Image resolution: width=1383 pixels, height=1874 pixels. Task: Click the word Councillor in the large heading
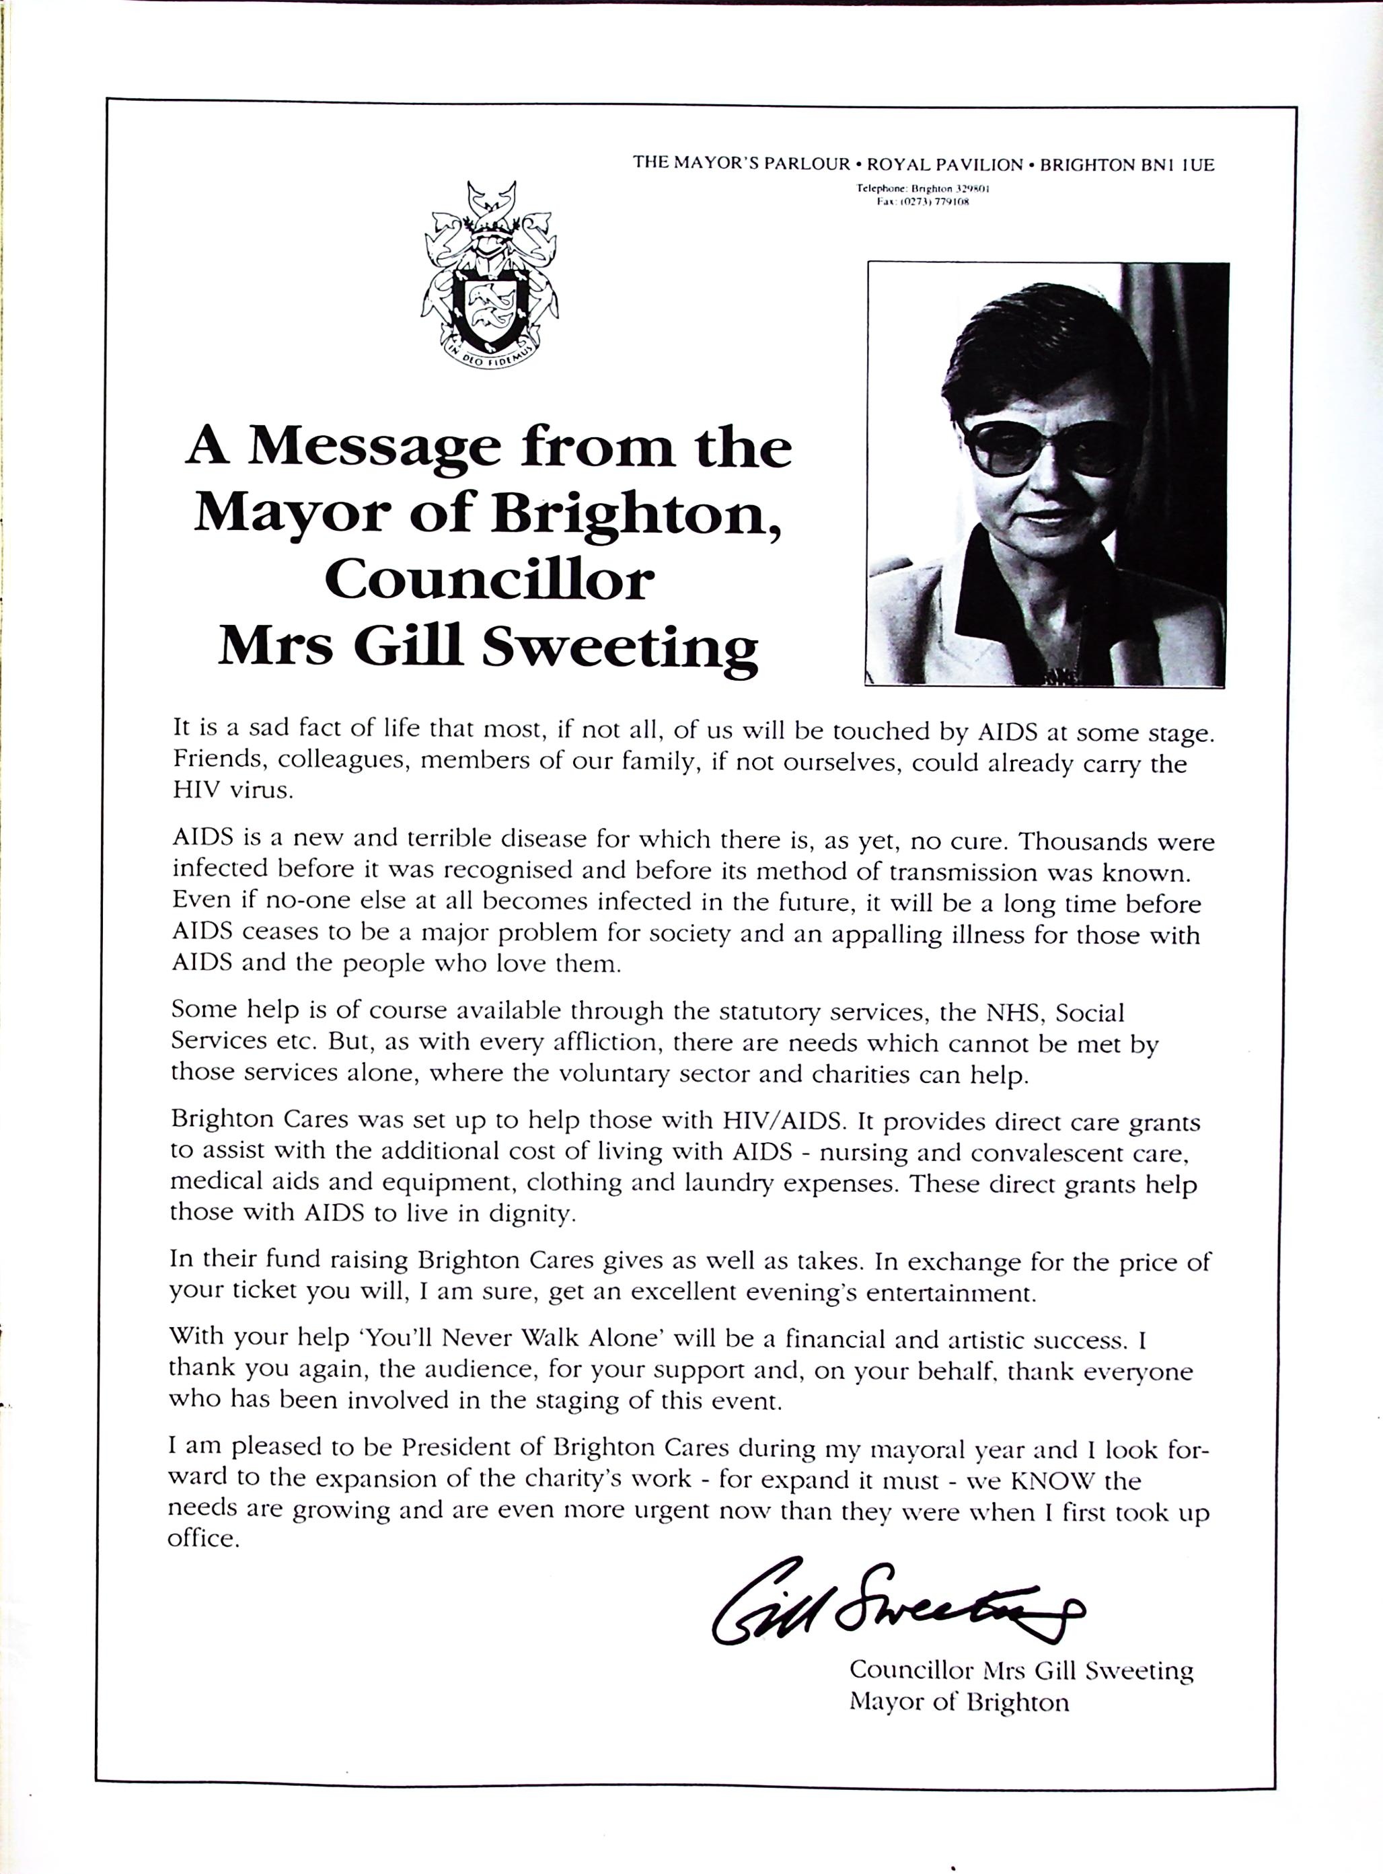pyautogui.click(x=489, y=578)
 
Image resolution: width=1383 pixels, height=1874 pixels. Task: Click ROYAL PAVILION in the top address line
pyautogui.click(x=945, y=165)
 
